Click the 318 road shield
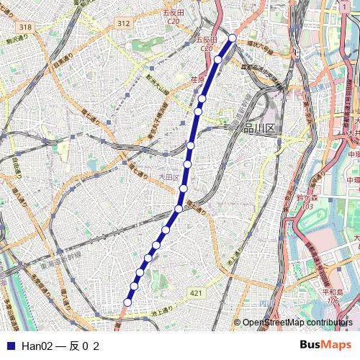click(26, 27)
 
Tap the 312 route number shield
click(123, 24)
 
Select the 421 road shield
click(197, 293)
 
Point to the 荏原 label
click(198, 79)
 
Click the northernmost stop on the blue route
click(233, 37)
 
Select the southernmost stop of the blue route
click(127, 302)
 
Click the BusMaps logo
click(325, 346)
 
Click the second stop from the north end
click(217, 60)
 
